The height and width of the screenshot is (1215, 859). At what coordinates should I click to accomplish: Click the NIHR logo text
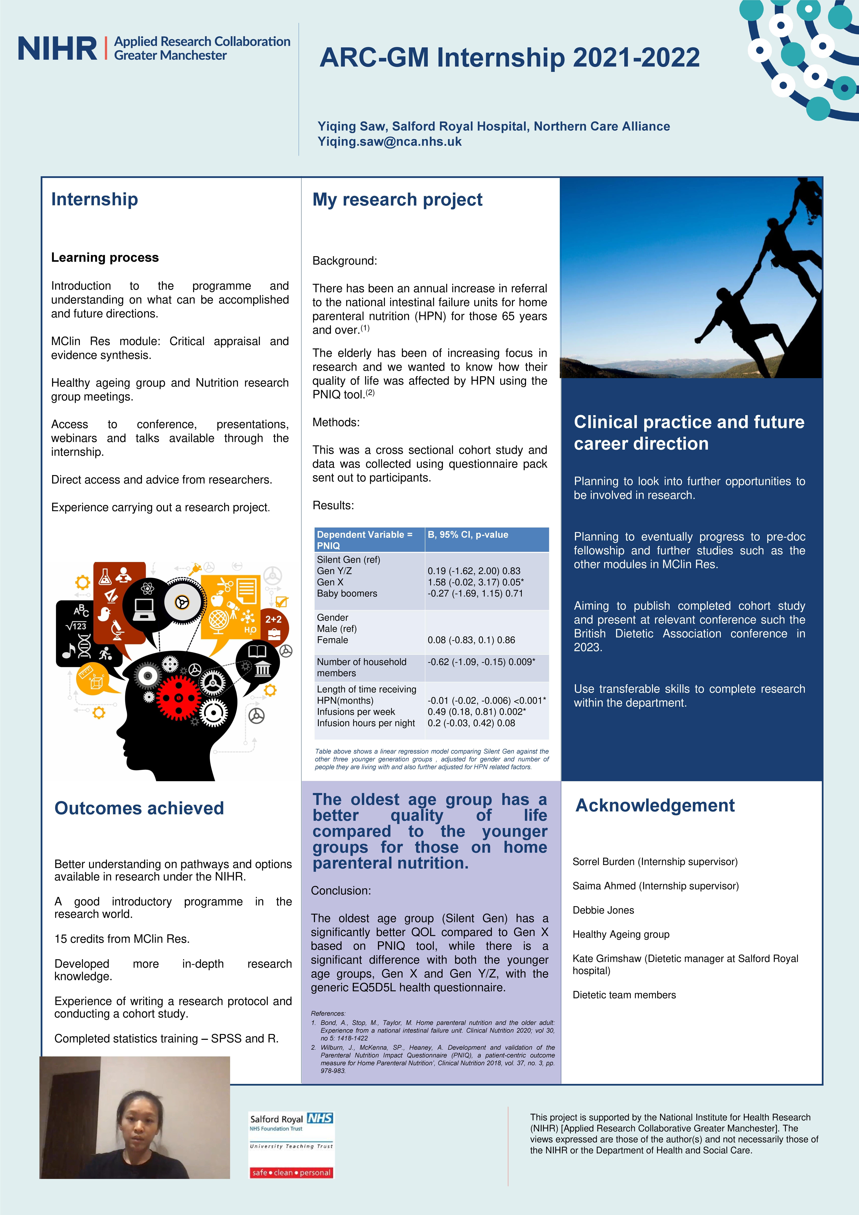pos(57,49)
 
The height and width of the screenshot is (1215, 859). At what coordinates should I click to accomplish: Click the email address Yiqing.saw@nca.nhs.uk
pos(389,142)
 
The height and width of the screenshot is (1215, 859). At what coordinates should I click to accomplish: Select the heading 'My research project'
pos(397,199)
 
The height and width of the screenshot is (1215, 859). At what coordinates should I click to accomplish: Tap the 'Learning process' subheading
pos(105,258)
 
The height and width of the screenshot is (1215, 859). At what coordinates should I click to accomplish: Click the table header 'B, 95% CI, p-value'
pos(468,535)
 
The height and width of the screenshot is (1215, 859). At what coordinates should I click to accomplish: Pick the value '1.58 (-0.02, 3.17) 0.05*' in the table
pos(475,582)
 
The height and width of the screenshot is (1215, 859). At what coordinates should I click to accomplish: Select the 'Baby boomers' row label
pos(347,593)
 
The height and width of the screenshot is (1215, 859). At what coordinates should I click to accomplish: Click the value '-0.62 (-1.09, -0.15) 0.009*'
pos(481,661)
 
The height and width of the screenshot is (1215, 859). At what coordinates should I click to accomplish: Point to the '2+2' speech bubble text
pos(273,619)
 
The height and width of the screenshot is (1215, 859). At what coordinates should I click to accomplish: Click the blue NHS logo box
pos(320,1118)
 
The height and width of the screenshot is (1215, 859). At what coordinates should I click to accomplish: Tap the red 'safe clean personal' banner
pos(291,1173)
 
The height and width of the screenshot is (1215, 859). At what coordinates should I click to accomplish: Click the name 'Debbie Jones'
pos(603,910)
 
